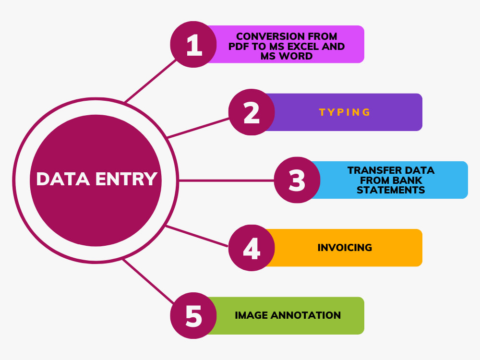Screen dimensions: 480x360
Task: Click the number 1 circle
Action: pos(193,44)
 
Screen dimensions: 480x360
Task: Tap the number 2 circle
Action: pos(252,112)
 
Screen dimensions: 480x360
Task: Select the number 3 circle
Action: pos(297,180)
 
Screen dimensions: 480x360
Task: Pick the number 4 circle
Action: pos(252,248)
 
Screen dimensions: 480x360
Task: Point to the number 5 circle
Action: pos(193,316)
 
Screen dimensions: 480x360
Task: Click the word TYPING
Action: pos(345,112)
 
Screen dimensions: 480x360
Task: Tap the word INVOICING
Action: pos(345,247)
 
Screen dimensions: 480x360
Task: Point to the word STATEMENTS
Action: pos(391,190)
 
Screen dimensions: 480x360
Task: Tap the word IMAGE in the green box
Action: pos(252,315)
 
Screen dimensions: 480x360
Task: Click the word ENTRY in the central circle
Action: pos(126,179)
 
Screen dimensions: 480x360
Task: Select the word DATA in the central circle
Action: pos(63,179)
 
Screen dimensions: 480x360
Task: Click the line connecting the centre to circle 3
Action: pos(226,180)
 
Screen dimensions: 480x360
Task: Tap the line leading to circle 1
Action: pos(150,81)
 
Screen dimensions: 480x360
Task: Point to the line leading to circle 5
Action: pos(148,281)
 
